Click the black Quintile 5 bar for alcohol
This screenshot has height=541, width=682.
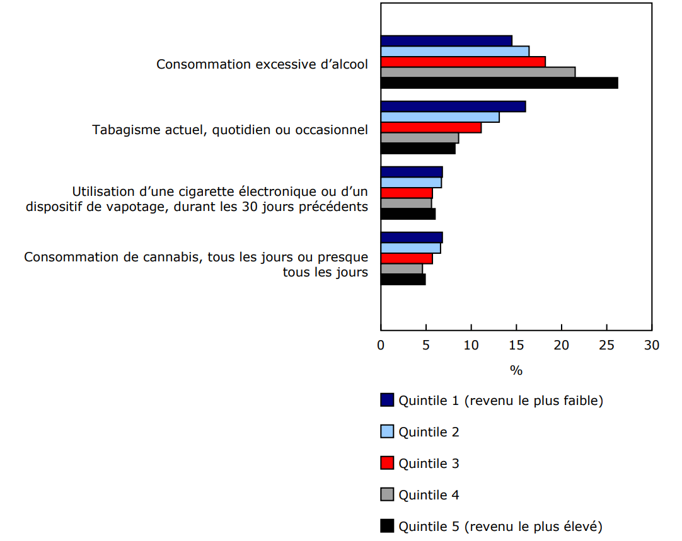point(499,83)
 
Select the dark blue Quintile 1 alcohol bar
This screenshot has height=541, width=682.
point(446,41)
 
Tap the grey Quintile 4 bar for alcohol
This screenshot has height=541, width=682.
point(478,72)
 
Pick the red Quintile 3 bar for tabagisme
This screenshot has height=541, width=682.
point(431,128)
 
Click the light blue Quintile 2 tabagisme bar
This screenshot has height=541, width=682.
point(440,117)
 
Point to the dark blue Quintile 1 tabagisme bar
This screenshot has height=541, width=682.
point(453,106)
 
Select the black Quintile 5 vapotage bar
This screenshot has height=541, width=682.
point(408,214)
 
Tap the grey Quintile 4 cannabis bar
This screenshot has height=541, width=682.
point(402,269)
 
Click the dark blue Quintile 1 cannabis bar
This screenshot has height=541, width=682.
point(412,237)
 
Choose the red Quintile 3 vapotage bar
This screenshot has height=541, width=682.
point(407,193)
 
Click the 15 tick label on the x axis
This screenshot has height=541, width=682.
point(516,345)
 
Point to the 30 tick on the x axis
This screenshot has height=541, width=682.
point(652,345)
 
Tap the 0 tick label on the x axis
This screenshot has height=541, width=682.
point(381,345)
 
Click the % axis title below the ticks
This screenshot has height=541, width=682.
point(516,370)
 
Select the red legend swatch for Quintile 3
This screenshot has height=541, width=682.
point(387,463)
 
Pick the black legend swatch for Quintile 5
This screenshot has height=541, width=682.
point(387,526)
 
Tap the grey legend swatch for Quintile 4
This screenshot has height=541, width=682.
point(387,494)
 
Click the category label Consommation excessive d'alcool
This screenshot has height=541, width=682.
point(262,64)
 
